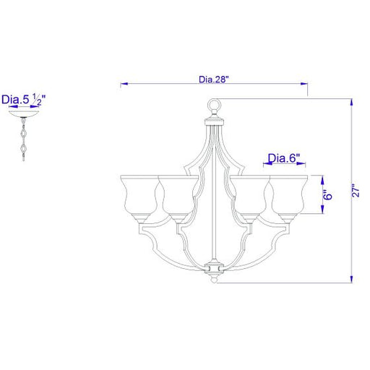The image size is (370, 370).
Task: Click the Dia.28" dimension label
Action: point(213,79)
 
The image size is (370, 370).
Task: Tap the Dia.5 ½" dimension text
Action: point(23,100)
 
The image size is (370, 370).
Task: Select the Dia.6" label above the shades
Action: point(284,158)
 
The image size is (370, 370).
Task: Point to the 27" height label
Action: point(356,191)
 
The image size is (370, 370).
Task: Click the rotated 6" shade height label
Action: point(327,194)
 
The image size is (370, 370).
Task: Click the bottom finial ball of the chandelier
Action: point(214,280)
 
